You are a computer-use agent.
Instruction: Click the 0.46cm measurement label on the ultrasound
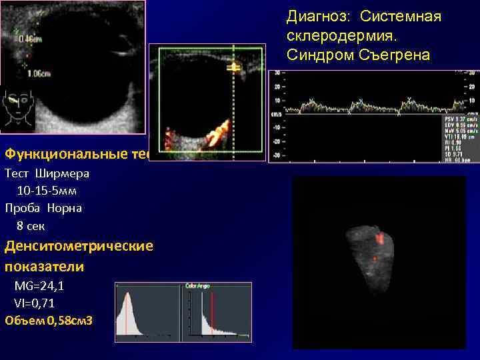point(31,39)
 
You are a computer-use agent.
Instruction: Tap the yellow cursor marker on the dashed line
point(233,67)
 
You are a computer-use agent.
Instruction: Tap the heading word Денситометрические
point(79,246)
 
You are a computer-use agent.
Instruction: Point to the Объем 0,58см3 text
point(49,321)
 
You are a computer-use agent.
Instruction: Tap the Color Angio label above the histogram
point(199,287)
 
